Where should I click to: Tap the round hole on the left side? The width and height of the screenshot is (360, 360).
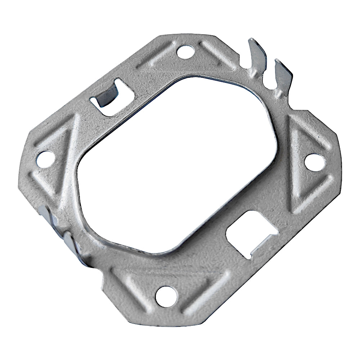coord(45,158)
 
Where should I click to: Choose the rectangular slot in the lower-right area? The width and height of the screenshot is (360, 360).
coord(248,234)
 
